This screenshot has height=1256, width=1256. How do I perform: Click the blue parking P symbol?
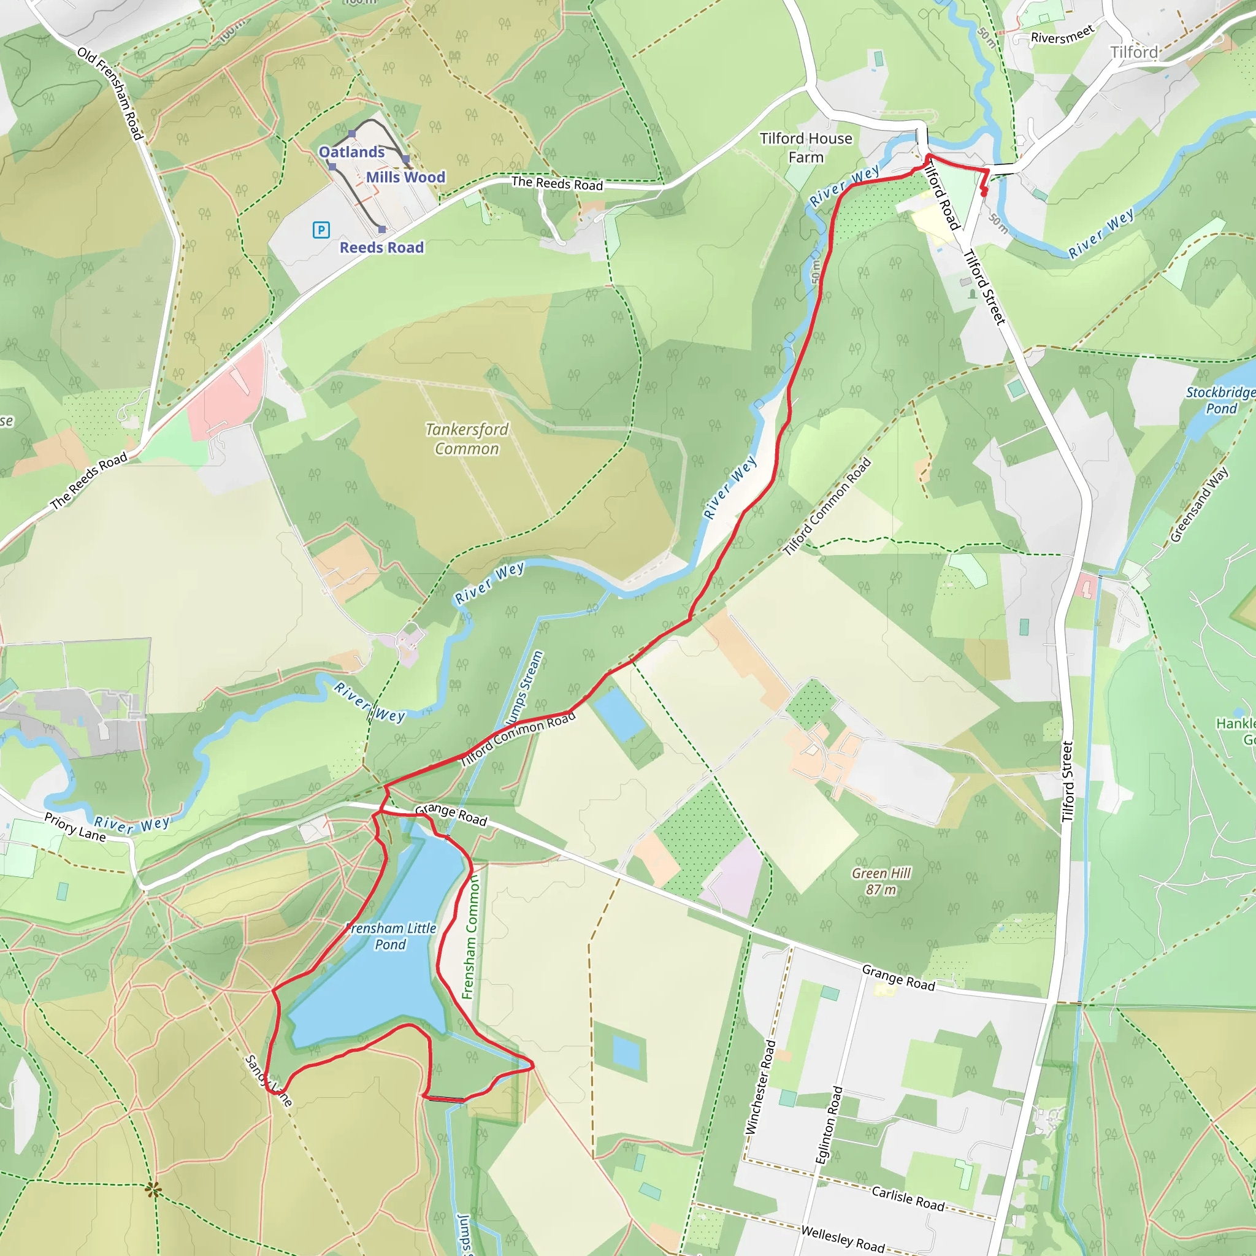(321, 229)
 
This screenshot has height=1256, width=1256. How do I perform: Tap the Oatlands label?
(351, 152)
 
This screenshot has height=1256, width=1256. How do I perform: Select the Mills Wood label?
(405, 177)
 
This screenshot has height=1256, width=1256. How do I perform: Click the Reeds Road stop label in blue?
(381, 248)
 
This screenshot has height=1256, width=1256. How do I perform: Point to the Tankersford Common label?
(467, 439)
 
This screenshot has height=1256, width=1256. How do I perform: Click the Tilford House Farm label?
(805, 148)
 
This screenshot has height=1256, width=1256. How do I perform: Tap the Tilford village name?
(1134, 52)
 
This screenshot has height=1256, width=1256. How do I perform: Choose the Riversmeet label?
(1063, 34)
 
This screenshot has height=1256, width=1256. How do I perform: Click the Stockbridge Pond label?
(1220, 400)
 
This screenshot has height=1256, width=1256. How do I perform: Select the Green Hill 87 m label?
(881, 881)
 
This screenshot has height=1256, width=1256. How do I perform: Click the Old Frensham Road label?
(110, 93)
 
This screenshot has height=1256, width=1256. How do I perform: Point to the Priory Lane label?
(75, 827)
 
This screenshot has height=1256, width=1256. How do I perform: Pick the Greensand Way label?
(1199, 505)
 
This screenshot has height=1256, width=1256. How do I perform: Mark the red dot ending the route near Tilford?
(984, 193)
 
